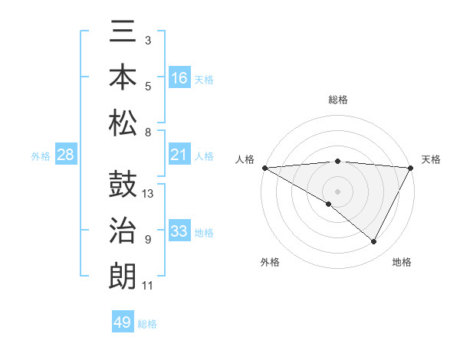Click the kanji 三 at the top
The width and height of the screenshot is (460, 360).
[x=123, y=34]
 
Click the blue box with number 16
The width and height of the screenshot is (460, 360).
[x=179, y=77]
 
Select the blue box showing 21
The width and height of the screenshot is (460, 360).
[x=179, y=155]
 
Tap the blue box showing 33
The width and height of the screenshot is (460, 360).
[x=179, y=231]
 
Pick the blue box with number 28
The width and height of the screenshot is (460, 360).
[x=66, y=155]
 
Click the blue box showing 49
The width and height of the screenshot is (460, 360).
[x=123, y=322]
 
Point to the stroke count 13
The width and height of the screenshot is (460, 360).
[x=149, y=193]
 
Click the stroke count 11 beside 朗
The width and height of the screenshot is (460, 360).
[x=148, y=286]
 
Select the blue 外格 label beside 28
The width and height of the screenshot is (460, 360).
[x=41, y=155]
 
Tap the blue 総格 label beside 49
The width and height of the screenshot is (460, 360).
[x=147, y=323]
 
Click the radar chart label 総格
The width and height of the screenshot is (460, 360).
[x=338, y=100]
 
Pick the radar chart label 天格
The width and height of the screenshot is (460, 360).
[x=431, y=159]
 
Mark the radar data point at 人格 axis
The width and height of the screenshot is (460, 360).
[x=264, y=168]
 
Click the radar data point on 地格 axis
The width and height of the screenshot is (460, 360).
[x=374, y=241]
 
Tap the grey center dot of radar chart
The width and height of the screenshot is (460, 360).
[x=338, y=190]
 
